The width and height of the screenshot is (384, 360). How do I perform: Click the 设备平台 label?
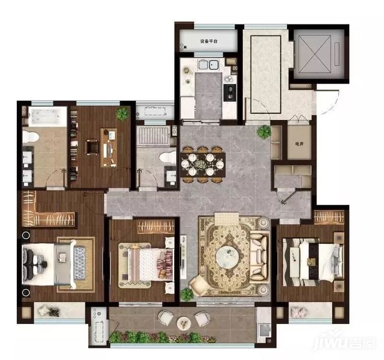click(x=209, y=41)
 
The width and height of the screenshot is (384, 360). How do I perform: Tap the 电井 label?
click(x=299, y=144)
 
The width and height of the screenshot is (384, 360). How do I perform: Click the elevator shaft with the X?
click(x=315, y=54)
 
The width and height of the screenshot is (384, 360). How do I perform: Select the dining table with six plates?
click(x=203, y=165)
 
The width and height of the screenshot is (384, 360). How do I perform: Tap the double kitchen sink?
click(x=208, y=65)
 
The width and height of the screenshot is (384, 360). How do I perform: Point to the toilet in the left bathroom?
click(x=30, y=137)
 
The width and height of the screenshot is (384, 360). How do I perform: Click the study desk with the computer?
click(x=109, y=148)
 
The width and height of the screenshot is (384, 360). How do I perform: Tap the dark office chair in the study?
click(x=92, y=147)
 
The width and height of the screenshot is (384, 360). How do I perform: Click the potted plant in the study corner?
click(x=122, y=114)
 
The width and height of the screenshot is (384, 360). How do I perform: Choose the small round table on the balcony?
click(x=184, y=323)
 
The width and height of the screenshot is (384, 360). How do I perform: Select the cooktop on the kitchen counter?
click(x=230, y=92)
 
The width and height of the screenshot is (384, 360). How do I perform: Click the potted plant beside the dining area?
click(x=264, y=132)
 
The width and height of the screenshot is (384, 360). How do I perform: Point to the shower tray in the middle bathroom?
click(x=153, y=136)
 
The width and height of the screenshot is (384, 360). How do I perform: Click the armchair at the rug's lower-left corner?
click(x=199, y=285)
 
